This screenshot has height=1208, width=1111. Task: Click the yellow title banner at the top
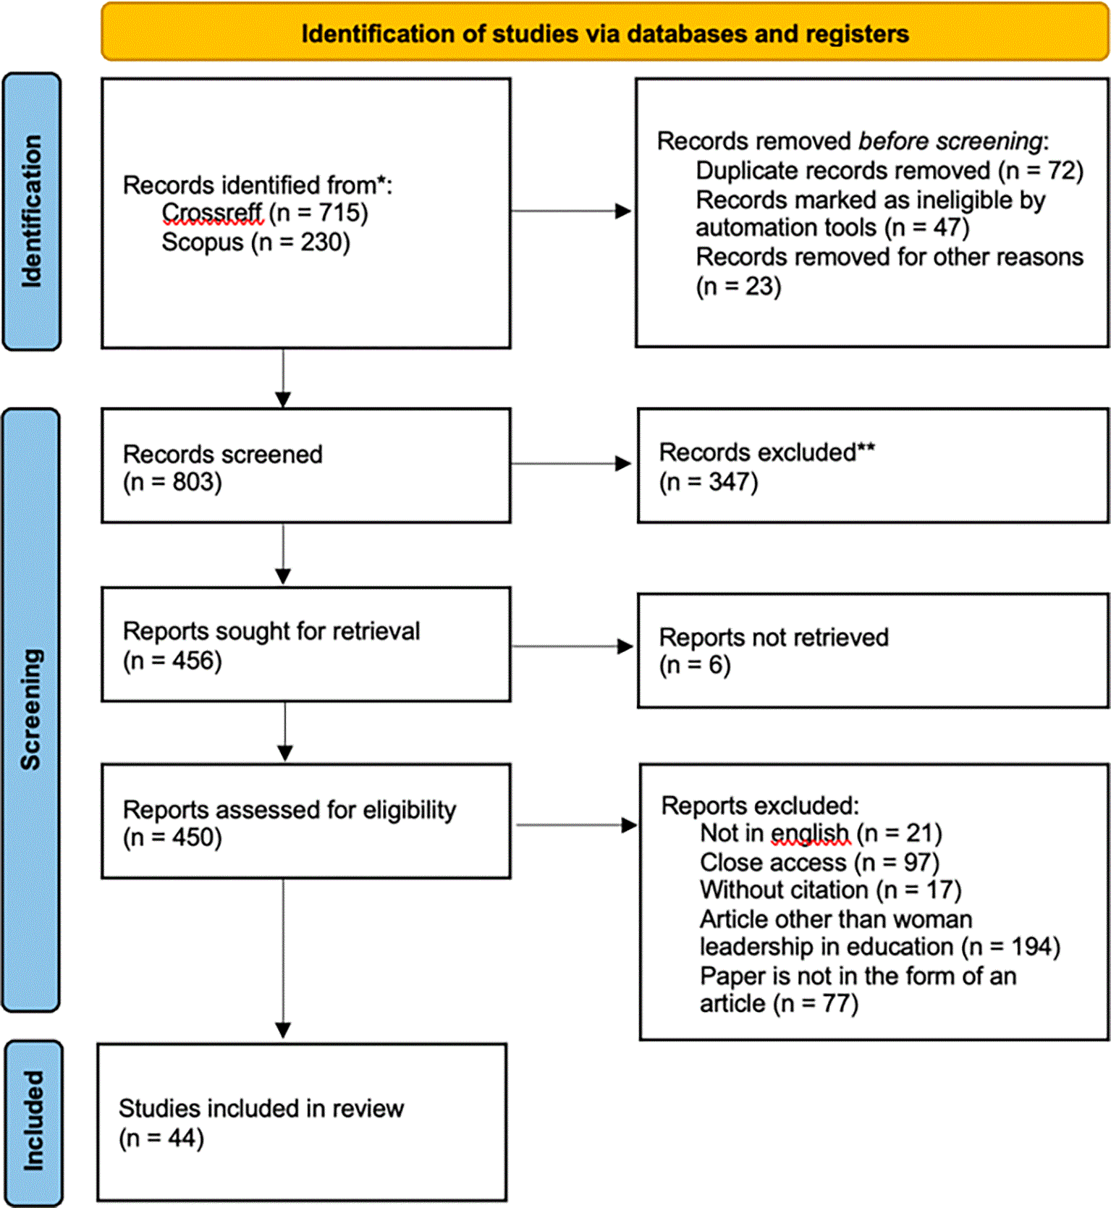click(604, 32)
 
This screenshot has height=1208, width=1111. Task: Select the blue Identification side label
click(32, 211)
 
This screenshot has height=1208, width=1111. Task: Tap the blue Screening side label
click(31, 709)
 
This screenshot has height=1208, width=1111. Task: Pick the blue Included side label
click(33, 1123)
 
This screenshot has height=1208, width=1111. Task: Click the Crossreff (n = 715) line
click(265, 213)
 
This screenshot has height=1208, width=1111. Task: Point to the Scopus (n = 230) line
click(255, 242)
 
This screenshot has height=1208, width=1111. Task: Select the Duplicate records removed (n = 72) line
click(890, 171)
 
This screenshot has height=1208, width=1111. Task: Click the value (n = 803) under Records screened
click(172, 482)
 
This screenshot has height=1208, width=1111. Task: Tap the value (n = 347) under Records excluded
click(709, 482)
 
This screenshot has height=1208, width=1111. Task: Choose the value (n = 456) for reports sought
click(172, 660)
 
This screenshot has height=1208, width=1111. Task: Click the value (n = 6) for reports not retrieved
click(695, 665)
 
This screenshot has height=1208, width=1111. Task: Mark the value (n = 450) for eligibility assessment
click(172, 837)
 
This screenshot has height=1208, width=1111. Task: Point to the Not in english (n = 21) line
click(821, 834)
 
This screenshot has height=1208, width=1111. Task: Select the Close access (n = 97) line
click(819, 863)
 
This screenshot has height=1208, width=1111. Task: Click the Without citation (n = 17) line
click(830, 890)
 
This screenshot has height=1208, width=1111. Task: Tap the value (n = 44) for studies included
click(161, 1139)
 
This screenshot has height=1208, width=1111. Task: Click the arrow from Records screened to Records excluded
click(571, 463)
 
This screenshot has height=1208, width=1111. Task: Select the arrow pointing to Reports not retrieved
click(573, 646)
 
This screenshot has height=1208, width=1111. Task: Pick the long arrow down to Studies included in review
click(283, 958)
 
